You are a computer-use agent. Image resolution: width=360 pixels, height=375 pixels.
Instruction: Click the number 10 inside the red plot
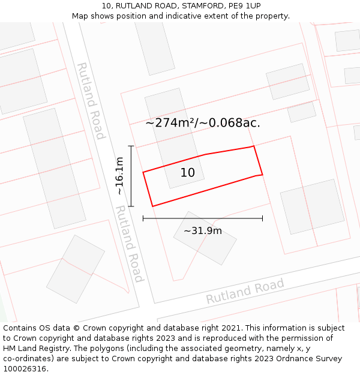click(x=188, y=173)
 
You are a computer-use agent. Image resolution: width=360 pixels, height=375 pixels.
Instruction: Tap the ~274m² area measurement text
click(x=170, y=123)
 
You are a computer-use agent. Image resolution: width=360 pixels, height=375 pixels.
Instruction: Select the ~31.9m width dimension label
click(x=203, y=231)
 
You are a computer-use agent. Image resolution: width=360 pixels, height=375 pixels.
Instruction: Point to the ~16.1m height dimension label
click(x=119, y=175)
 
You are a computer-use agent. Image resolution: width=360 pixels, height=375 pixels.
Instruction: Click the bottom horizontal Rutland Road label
click(x=245, y=291)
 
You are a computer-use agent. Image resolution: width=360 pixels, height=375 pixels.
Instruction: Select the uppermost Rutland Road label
click(x=91, y=101)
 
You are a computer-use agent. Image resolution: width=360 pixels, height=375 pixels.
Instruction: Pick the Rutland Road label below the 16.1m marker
click(x=130, y=244)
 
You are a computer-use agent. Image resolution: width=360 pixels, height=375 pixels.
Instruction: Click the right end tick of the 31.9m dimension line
click(x=262, y=218)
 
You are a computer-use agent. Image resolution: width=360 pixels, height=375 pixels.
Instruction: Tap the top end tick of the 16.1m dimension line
click(x=131, y=146)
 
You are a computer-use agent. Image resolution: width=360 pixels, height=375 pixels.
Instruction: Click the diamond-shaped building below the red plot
click(x=205, y=238)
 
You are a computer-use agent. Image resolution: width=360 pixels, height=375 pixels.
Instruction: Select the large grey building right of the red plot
click(x=312, y=206)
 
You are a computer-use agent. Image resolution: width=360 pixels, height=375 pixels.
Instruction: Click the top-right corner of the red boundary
click(x=254, y=146)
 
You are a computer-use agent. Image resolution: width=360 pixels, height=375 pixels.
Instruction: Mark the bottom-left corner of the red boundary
click(x=152, y=206)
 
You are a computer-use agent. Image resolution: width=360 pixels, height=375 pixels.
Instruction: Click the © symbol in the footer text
click(x=77, y=328)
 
